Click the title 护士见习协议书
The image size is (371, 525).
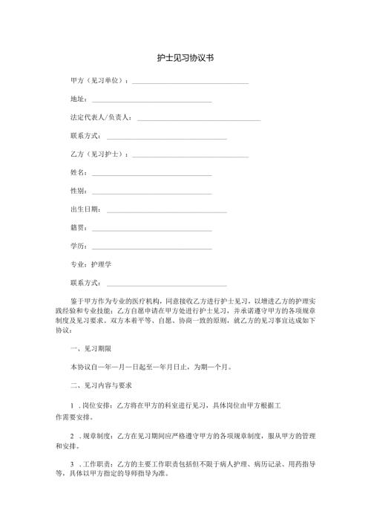click(185, 57)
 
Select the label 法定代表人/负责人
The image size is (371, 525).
click(101, 117)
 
